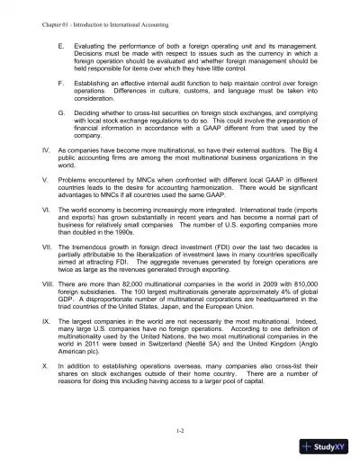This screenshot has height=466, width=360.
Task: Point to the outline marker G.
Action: coord(59,112)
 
